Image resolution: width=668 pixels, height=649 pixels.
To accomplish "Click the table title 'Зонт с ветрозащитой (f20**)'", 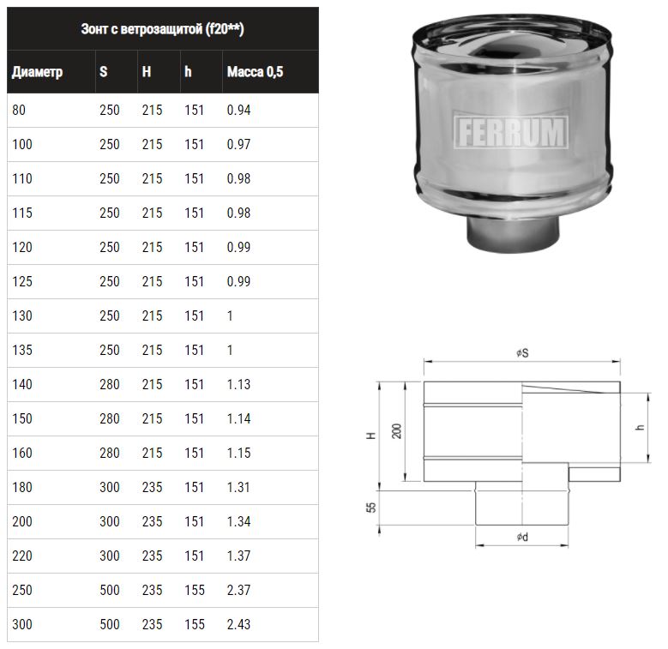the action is (162, 29).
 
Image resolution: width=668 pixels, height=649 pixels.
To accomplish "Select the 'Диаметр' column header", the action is (37, 72).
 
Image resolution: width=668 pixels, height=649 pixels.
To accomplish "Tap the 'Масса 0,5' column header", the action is (255, 71).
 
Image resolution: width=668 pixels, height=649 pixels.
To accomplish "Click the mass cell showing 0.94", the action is (238, 111).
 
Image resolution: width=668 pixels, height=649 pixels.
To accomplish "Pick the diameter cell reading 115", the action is (22, 213).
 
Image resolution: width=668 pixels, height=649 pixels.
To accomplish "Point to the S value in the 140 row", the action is (110, 385).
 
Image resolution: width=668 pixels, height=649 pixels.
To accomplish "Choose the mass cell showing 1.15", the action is (238, 454).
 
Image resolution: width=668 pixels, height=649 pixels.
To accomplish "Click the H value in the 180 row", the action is (152, 487).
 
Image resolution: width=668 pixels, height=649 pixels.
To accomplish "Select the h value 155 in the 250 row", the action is (195, 590).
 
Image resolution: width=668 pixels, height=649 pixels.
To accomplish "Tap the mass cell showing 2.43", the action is (238, 624).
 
